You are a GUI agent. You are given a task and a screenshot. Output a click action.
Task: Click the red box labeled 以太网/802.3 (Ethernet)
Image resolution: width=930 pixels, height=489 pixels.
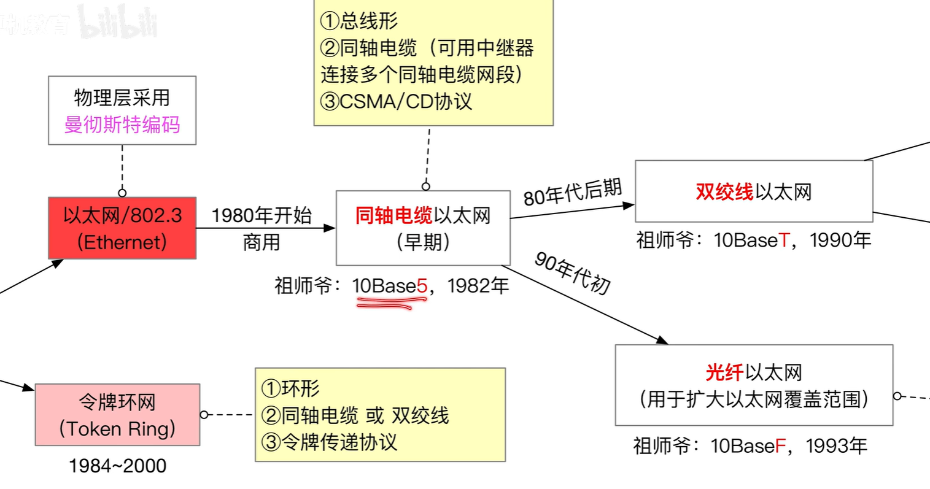coord(122,228)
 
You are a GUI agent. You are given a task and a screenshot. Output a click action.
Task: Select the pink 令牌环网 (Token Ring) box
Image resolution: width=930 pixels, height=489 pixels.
coord(117,415)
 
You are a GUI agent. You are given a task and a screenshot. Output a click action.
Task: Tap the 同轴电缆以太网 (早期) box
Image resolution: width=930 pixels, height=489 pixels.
coord(423,228)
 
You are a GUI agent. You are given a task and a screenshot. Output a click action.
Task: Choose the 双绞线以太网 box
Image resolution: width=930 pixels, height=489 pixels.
coord(753,191)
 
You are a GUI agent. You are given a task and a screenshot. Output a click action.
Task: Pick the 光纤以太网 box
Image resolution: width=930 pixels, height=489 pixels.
coord(753,385)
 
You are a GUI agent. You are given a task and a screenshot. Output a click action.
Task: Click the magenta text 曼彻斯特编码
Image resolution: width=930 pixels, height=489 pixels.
coord(122,125)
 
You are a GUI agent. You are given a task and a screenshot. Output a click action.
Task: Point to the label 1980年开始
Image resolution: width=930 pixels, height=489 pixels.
coord(262,215)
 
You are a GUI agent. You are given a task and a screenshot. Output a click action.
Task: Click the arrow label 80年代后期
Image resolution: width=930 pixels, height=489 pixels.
coord(572,192)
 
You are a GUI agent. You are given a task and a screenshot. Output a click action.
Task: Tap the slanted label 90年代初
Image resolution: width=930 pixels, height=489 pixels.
coord(572,272)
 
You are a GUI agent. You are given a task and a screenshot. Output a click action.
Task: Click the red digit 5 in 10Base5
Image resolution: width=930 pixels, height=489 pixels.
coord(422,286)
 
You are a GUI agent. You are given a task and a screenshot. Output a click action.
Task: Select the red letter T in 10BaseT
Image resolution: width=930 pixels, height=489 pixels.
coord(784,240)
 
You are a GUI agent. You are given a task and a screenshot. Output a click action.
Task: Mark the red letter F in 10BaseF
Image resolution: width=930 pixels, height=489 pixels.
coord(780,445)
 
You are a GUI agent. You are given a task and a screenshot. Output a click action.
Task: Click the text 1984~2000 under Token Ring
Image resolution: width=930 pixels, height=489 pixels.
coord(117,466)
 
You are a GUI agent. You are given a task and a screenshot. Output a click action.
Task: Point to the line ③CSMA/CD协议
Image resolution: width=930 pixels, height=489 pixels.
coord(397,101)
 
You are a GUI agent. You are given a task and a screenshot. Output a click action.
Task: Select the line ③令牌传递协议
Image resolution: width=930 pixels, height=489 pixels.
coord(329,442)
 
